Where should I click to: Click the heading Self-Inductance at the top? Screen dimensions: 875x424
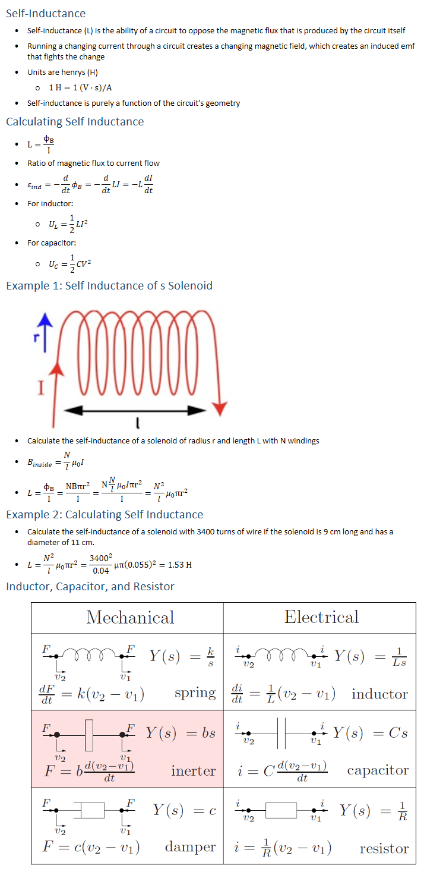pos(46,13)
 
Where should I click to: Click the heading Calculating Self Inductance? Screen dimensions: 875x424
pos(75,122)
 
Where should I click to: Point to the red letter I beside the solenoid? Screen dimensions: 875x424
pos(41,388)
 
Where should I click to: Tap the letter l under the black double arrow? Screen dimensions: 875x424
pos(137,423)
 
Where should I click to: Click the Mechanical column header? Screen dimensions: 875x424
pos(130,617)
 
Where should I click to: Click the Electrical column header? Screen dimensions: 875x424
pos(321,617)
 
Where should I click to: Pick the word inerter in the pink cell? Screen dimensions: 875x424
pos(193,771)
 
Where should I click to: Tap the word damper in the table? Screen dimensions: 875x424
pos(190,847)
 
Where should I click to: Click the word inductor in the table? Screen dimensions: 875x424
pos(379,694)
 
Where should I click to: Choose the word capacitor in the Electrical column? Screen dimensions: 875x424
pos(378,770)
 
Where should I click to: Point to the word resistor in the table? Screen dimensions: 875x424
pos(384,848)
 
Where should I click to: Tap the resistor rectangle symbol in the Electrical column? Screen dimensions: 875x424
pos(281,810)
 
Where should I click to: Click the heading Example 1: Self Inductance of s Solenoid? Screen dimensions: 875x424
pos(109,286)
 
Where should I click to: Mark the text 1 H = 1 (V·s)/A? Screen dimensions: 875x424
pos(81,88)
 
